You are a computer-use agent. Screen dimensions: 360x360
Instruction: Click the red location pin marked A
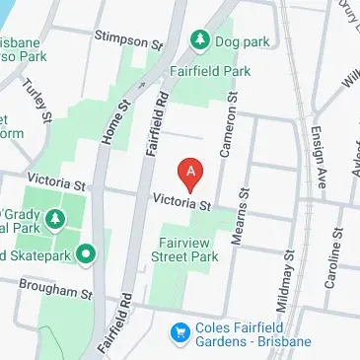[x=191, y=174]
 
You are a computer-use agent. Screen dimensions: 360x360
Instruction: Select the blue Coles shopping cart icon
[x=180, y=331]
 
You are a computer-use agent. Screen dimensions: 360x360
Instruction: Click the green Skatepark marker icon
[x=86, y=255]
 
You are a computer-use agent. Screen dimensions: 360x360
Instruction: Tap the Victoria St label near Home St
[x=58, y=180]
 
